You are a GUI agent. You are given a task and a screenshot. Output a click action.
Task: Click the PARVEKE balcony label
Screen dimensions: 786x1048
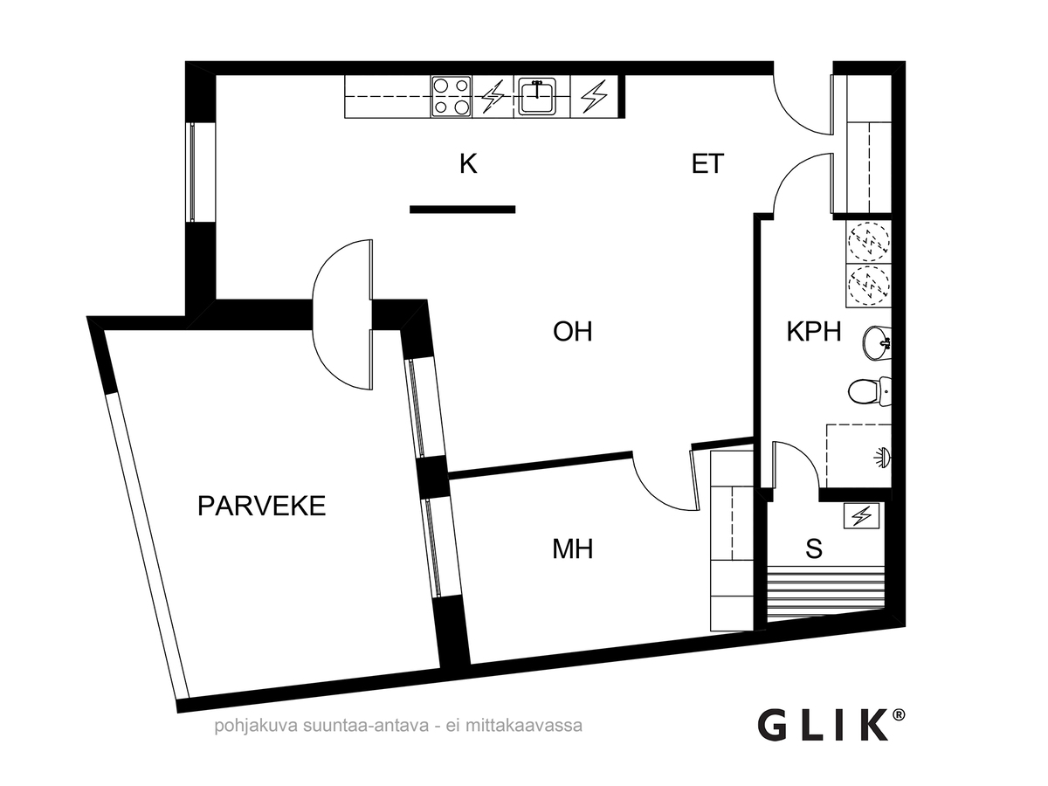tap(261, 506)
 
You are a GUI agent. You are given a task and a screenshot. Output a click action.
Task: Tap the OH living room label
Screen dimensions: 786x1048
tap(573, 332)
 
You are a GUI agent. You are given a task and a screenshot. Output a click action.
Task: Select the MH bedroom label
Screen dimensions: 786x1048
tap(573, 549)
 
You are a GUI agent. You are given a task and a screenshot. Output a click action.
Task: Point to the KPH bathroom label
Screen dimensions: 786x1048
tap(813, 333)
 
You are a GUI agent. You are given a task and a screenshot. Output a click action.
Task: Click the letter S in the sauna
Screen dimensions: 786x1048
tap(814, 549)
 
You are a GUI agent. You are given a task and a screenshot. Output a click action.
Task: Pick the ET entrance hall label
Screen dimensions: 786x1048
tap(708, 164)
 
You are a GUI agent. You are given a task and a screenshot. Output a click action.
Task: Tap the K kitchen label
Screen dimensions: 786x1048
tap(469, 164)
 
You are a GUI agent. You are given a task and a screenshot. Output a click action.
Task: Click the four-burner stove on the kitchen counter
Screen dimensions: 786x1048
tap(451, 97)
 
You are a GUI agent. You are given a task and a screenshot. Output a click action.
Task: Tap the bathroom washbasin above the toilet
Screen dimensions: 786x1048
tap(876, 342)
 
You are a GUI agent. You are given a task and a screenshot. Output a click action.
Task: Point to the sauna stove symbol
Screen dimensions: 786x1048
tap(862, 517)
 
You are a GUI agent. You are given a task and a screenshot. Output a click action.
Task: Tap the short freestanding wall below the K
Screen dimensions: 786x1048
tap(462, 209)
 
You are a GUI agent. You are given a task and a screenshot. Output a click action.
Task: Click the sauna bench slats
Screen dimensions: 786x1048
tap(825, 594)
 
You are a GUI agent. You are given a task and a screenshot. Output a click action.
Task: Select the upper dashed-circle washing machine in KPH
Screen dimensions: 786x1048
tap(868, 239)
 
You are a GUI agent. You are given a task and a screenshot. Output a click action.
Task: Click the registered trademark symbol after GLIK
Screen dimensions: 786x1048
tap(899, 714)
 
